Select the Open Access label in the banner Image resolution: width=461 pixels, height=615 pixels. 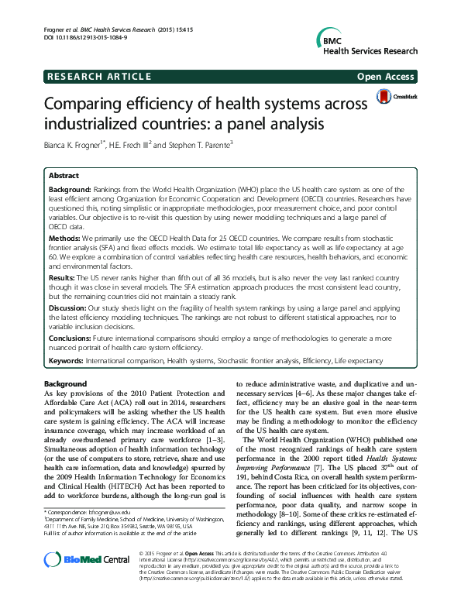click(385, 76)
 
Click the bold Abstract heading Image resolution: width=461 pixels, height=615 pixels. click(64, 176)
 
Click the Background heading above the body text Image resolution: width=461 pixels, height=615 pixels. click(65, 384)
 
